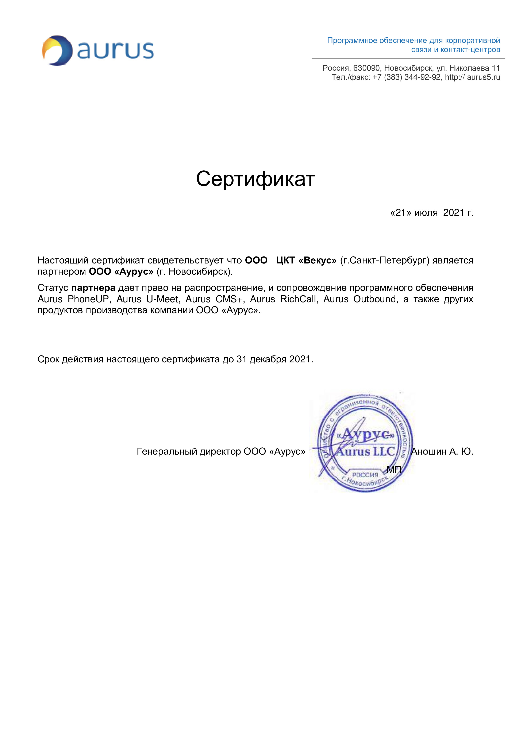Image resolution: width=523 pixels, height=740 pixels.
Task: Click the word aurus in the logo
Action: coord(116,51)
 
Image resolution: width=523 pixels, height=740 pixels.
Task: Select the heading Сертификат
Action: coord(255,179)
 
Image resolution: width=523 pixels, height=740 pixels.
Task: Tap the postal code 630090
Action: coord(366,68)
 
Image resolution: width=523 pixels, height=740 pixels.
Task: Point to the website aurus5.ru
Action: coord(483,77)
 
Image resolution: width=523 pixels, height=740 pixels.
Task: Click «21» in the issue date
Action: coord(401,213)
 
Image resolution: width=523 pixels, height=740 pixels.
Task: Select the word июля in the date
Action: coord(426,213)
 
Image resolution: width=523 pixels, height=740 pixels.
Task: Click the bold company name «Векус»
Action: coord(318,260)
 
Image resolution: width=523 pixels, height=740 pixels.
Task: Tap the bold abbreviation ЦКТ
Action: coord(285,260)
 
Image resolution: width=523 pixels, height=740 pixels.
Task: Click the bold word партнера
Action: coord(93,288)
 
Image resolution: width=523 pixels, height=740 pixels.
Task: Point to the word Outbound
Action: coord(375,299)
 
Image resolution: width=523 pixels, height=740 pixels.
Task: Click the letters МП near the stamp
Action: coord(394,470)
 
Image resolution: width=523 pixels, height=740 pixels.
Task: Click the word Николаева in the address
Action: coord(469,68)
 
